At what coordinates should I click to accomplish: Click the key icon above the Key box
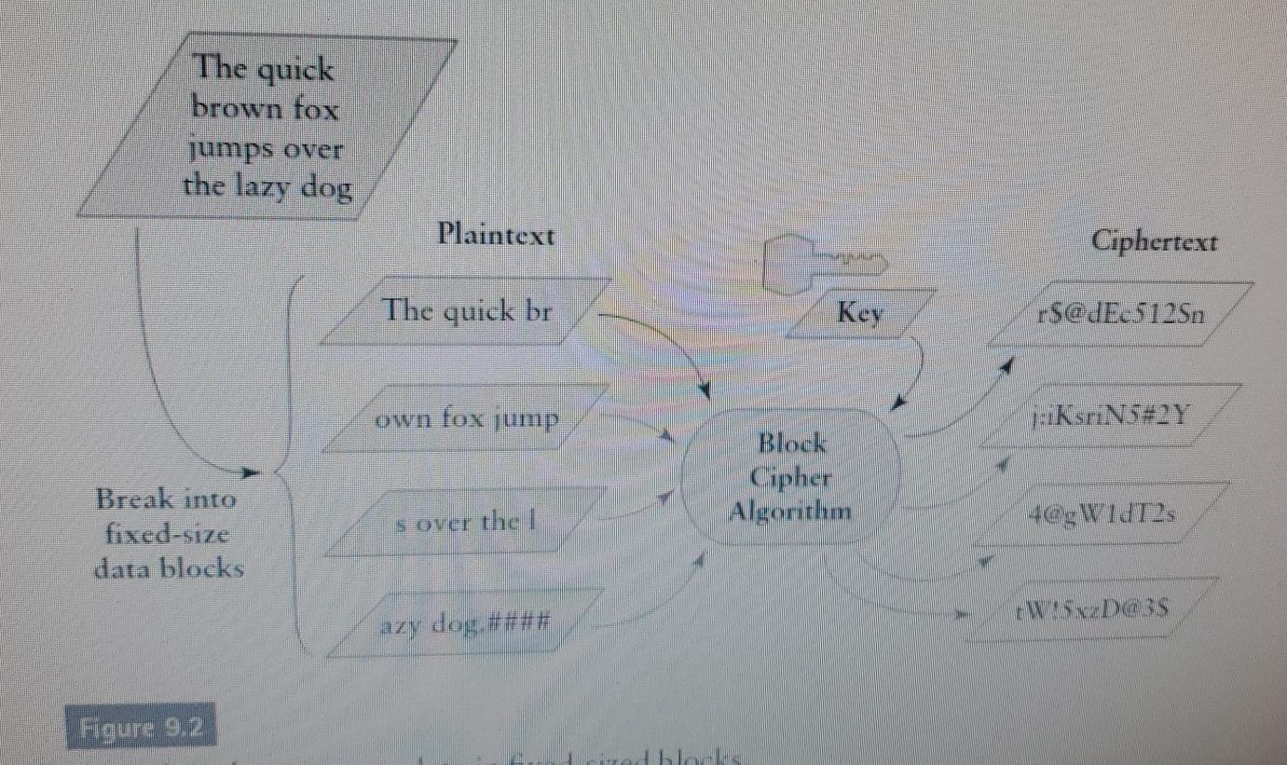(820, 264)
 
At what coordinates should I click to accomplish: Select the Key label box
(858, 314)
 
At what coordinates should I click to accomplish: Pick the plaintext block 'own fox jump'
(466, 419)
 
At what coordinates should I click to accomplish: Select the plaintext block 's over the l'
(466, 522)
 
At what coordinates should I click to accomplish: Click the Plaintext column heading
(496, 235)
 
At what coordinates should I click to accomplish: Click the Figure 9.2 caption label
(141, 727)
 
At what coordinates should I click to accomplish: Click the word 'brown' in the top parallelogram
(227, 108)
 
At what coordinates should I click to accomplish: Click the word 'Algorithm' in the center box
(789, 512)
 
